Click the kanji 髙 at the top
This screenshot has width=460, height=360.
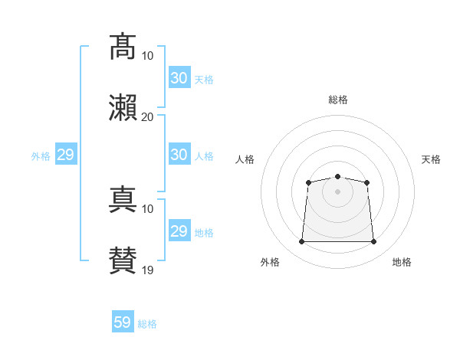coord(123,47)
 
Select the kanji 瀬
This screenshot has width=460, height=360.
coord(123,108)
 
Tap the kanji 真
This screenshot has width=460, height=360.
coord(123,199)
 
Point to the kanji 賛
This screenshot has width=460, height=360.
coord(123,260)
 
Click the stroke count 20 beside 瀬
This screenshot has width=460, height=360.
coord(147,117)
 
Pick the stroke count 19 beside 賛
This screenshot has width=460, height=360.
coord(147,270)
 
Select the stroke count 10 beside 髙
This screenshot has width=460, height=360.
coord(147,56)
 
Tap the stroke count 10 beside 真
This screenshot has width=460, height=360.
coord(147,209)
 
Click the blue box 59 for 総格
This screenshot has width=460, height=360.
coord(123,321)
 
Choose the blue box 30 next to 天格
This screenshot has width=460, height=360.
coord(179,77)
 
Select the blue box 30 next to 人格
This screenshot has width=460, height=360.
coord(179,154)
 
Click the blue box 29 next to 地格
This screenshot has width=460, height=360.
coord(179,230)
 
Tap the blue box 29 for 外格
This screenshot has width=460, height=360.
coord(66,154)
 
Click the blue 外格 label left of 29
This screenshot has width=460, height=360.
coord(41,156)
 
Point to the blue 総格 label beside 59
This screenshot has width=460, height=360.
coord(147,324)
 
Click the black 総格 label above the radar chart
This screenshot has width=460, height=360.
coord(338,100)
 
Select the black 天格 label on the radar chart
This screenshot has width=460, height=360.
coord(431,159)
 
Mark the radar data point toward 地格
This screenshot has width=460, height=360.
coord(373,241)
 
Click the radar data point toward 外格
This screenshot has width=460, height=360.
coord(302,241)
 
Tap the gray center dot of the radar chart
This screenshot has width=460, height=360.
coord(337,191)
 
